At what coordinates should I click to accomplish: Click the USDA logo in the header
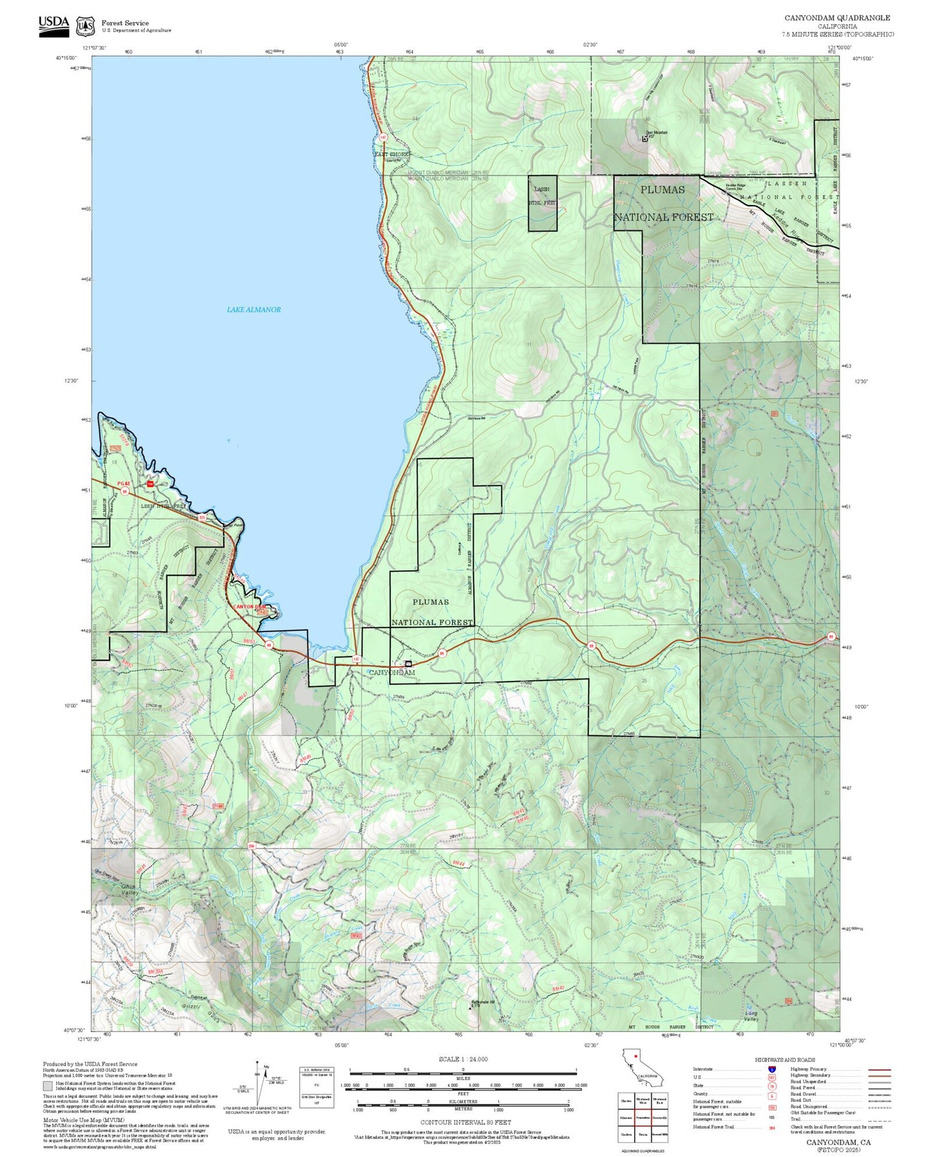pos(54,25)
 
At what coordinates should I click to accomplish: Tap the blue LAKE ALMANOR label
pos(253,310)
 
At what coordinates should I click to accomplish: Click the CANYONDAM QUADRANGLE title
pos(837,18)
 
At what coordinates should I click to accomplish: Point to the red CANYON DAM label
pos(250,607)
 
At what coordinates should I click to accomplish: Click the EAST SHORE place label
pos(392,155)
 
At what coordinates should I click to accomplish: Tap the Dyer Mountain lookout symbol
pos(645,138)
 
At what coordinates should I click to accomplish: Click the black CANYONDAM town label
pos(392,673)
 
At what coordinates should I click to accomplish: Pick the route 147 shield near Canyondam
pos(357,659)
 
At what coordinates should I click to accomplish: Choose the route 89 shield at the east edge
pos(831,637)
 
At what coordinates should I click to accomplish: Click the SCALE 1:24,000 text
pos(463,1059)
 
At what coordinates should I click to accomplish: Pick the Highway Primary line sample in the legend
pos(879,1069)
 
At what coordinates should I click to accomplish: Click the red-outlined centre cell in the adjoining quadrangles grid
pos(642,1118)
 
